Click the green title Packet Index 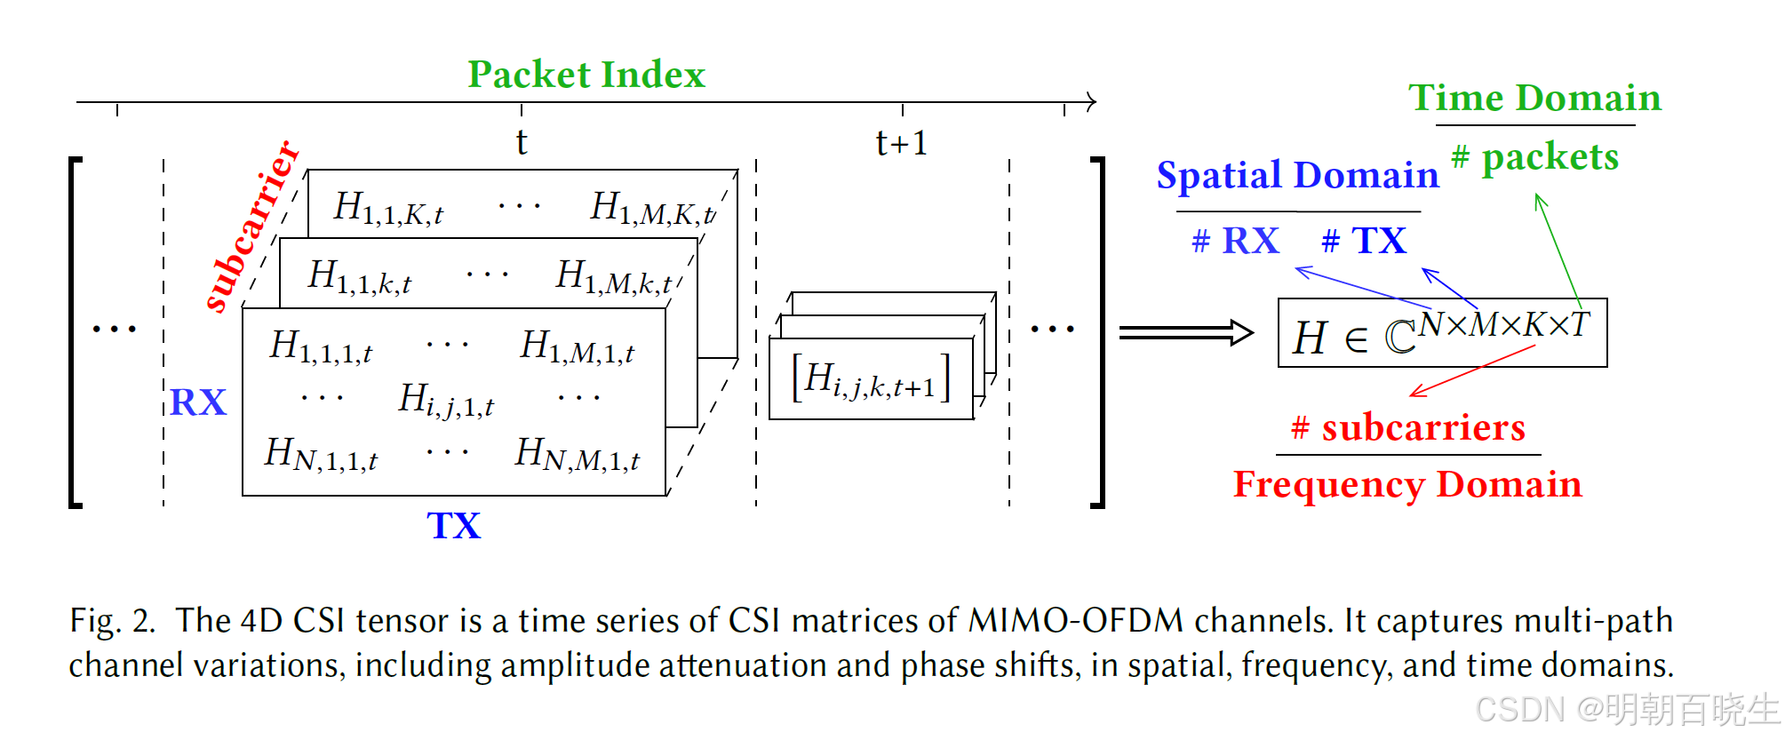point(586,75)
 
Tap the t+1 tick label point(902,143)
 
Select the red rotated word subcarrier point(252,227)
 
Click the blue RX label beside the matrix point(198,402)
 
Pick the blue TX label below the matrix point(454,526)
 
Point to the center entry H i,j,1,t point(446,400)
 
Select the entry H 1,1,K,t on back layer point(388,209)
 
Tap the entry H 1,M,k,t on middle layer point(614,277)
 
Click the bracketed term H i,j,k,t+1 point(871,378)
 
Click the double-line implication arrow point(1185,333)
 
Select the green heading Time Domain point(1534,98)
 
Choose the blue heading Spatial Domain point(1297,175)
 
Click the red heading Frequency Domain point(1407,485)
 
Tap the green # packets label point(1535,157)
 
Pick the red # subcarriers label point(1408,428)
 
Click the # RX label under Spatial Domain point(1235,241)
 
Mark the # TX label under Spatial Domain point(1364,241)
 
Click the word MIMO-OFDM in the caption point(1075,620)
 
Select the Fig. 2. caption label point(112,620)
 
